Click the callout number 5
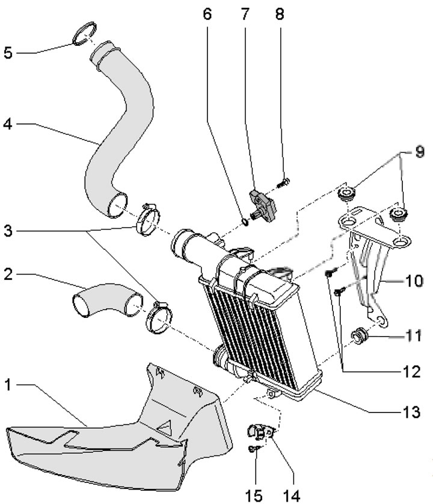tap(8, 52)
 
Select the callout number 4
tap(7, 125)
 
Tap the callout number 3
tap(8, 230)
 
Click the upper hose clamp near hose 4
tap(150, 220)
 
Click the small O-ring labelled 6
tap(245, 224)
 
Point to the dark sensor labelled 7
tap(264, 202)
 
